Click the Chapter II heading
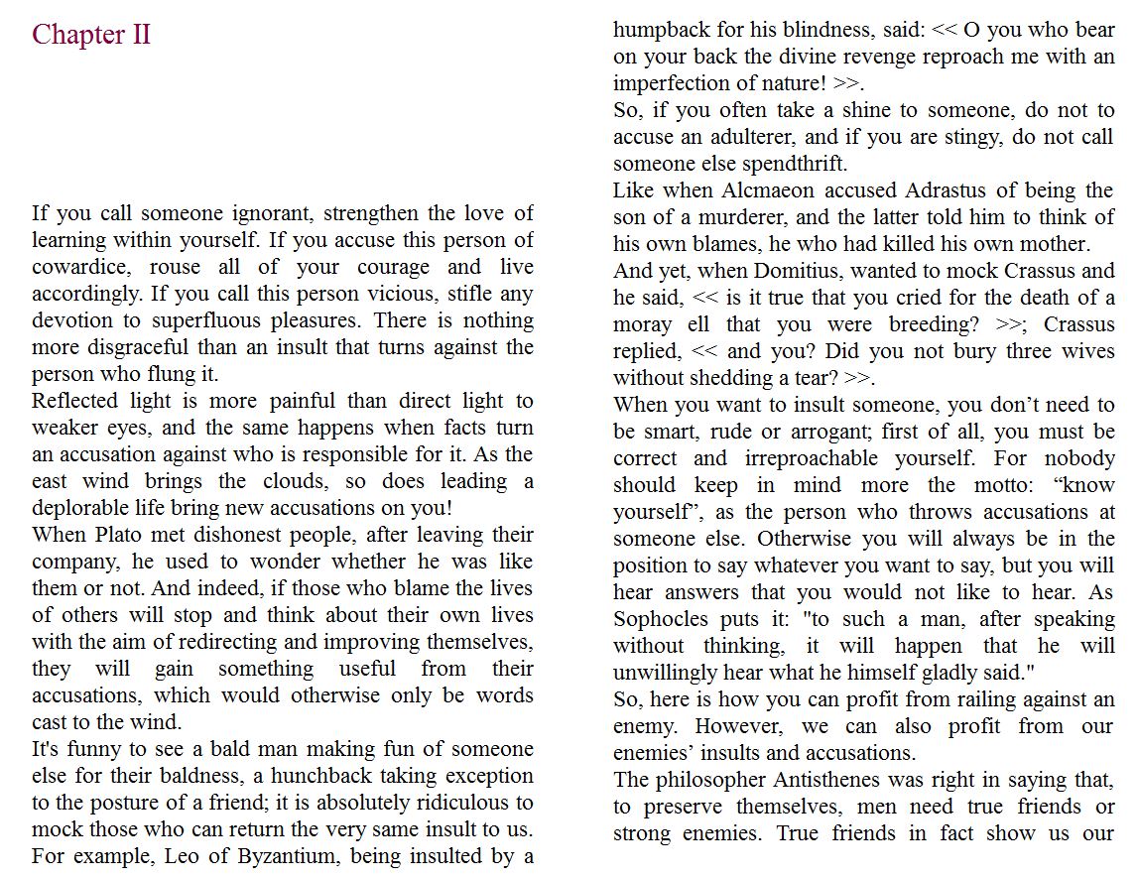[91, 35]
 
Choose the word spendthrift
[798, 164]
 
